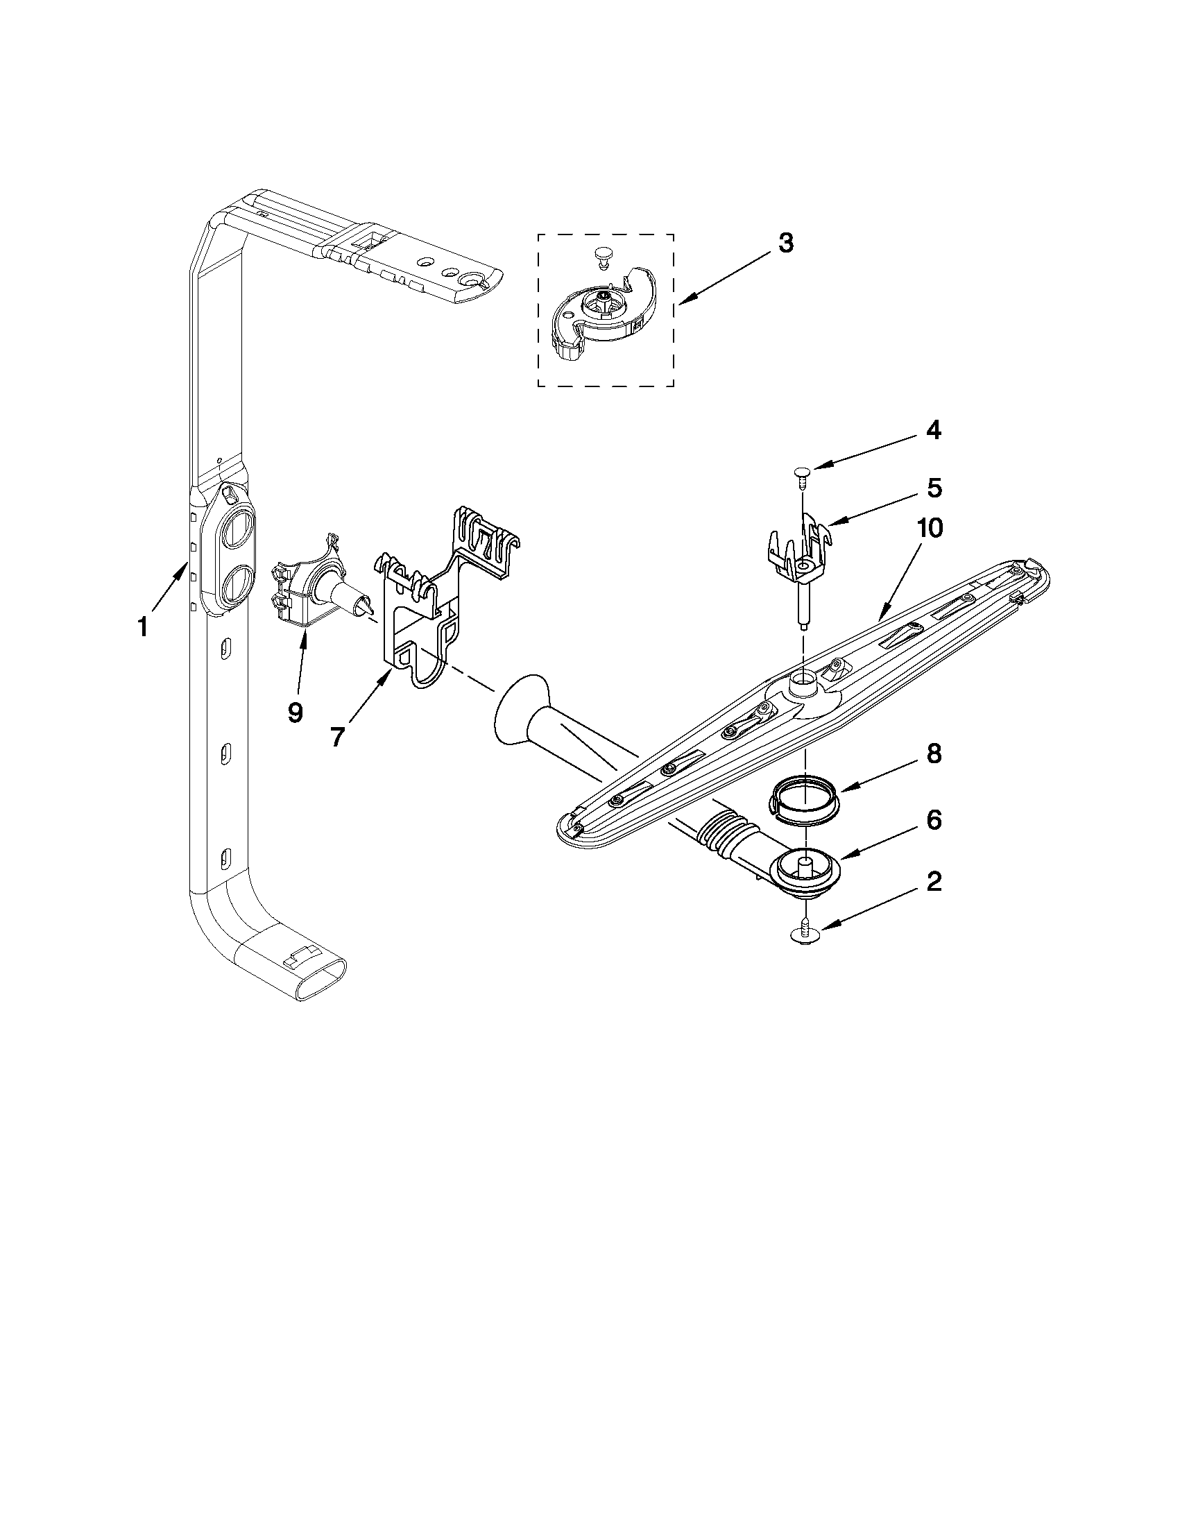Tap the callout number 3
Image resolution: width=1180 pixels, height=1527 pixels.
[x=786, y=244]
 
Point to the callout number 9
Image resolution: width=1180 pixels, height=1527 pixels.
[x=295, y=713]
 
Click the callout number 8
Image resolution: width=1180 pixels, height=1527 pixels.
[x=933, y=754]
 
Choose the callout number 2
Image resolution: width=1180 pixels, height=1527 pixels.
[x=933, y=882]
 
